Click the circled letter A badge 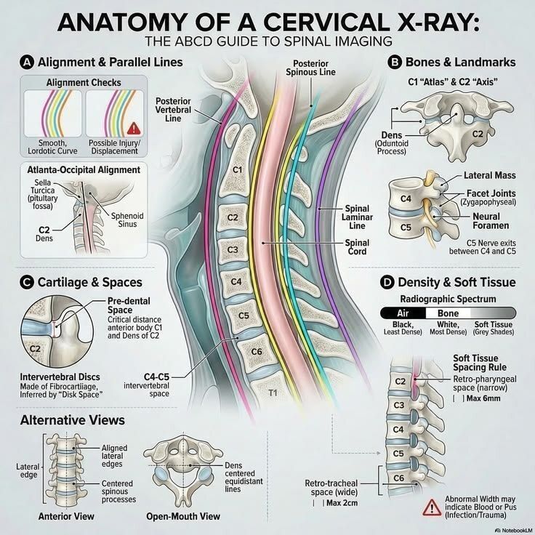click(x=27, y=63)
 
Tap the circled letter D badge click(x=387, y=283)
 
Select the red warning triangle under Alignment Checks click(x=134, y=129)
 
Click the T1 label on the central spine click(x=273, y=393)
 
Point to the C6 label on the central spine click(x=257, y=351)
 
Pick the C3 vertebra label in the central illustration click(x=233, y=250)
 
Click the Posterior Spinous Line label click(x=310, y=68)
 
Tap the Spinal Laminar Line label click(x=357, y=217)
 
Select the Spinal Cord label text click(x=357, y=247)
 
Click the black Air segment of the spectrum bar click(x=403, y=313)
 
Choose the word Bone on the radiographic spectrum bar click(x=448, y=313)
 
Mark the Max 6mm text click(x=483, y=398)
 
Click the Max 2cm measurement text click(x=342, y=503)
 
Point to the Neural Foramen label click(x=491, y=221)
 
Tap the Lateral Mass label click(x=490, y=175)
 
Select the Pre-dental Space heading click(x=129, y=305)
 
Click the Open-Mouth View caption click(x=183, y=517)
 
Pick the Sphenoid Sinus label click(x=127, y=220)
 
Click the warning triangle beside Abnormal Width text click(x=432, y=507)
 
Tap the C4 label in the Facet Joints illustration click(x=406, y=198)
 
